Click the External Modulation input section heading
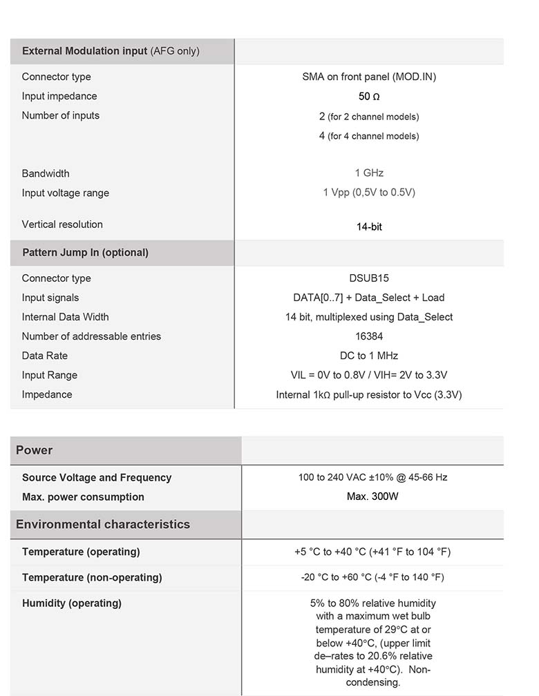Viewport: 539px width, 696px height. click(111, 51)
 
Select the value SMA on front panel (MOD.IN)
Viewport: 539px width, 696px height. click(369, 77)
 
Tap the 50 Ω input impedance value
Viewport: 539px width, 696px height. click(369, 97)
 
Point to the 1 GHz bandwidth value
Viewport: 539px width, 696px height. click(369, 173)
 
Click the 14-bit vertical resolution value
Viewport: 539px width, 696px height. click(369, 226)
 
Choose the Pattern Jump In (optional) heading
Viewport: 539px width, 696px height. click(85, 253)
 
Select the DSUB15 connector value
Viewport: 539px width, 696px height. click(369, 278)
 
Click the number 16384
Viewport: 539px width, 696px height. click(369, 336)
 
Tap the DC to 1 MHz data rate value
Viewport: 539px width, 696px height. click(369, 356)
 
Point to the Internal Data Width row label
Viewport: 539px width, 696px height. click(65, 317)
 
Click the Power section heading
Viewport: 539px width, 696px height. click(35, 450)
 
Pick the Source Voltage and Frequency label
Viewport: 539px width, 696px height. click(97, 478)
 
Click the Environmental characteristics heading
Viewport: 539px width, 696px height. click(103, 524)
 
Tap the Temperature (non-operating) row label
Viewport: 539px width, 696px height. click(92, 577)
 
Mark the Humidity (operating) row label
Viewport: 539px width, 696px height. click(72, 603)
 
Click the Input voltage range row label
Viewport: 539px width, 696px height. click(65, 193)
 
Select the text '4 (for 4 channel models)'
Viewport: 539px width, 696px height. click(369, 136)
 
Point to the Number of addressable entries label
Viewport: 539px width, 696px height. click(91, 336)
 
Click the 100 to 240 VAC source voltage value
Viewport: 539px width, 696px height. click(372, 478)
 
